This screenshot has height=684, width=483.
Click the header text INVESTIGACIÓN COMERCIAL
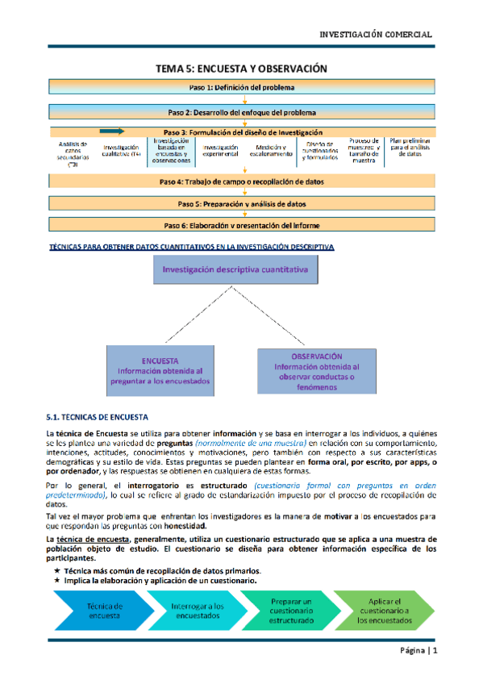pos(377,35)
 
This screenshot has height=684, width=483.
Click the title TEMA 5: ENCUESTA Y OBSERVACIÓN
pos(241,69)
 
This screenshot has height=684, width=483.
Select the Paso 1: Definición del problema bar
pos(241,86)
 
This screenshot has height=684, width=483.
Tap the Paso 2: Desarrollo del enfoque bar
pos(241,112)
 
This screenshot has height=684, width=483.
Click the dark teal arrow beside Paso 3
pos(112,131)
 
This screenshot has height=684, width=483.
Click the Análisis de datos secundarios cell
pos(73,153)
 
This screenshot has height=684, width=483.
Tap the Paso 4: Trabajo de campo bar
pos(241,182)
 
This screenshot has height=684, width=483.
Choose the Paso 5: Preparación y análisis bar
pos(241,204)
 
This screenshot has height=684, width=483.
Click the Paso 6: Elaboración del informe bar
pos(241,225)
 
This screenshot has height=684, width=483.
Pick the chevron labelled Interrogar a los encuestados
pos(198,610)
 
